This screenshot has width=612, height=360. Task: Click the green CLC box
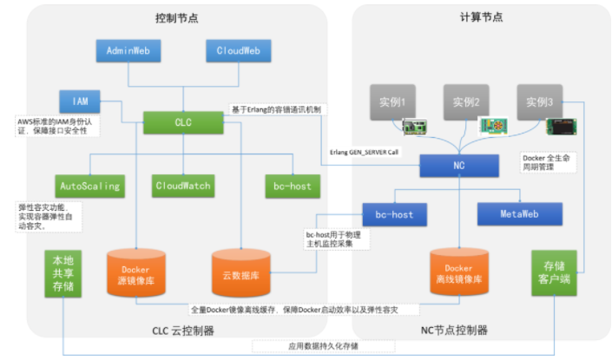pyautogui.click(x=182, y=123)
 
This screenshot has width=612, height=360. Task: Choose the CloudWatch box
pyautogui.click(x=183, y=186)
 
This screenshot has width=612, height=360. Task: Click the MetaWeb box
pyautogui.click(x=518, y=213)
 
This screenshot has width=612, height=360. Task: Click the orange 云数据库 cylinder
pyautogui.click(x=238, y=274)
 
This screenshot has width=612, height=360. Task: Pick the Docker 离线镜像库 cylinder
pyautogui.click(x=458, y=274)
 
